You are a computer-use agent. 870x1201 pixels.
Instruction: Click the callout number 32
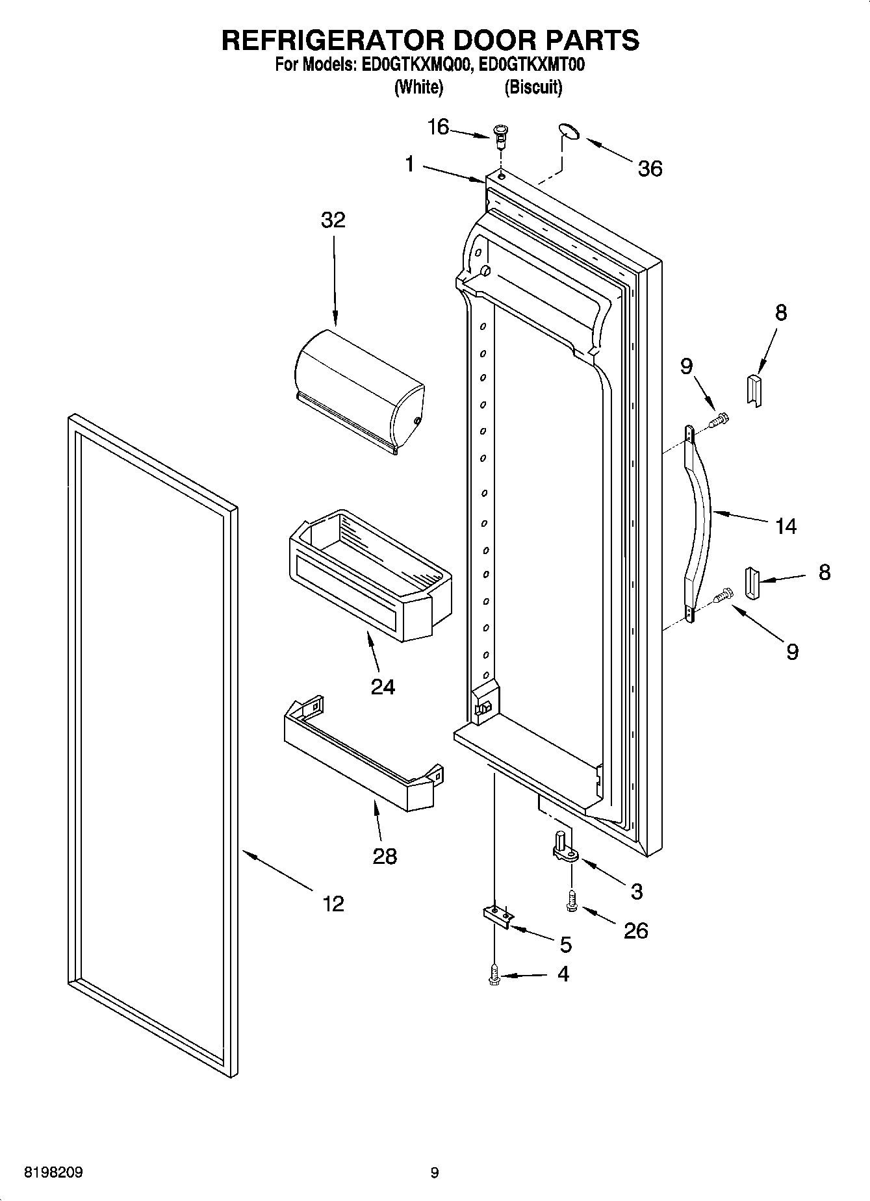pos(333,220)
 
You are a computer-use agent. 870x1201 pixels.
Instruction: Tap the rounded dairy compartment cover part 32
pos(357,390)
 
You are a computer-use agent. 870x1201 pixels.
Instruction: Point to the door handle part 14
pos(699,513)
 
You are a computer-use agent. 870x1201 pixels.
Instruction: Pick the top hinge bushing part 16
pos(500,136)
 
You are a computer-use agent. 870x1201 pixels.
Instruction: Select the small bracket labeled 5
pos(498,914)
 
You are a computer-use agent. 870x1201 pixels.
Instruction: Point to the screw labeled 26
pos(572,902)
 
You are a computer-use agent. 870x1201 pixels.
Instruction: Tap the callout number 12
pos(333,904)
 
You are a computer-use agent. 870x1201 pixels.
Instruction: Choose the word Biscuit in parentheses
pos(533,87)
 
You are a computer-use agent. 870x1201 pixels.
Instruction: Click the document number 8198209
pos(53,1173)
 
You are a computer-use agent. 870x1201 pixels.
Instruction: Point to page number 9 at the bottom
pos(435,1173)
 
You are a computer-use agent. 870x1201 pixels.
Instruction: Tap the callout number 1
pos(409,165)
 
